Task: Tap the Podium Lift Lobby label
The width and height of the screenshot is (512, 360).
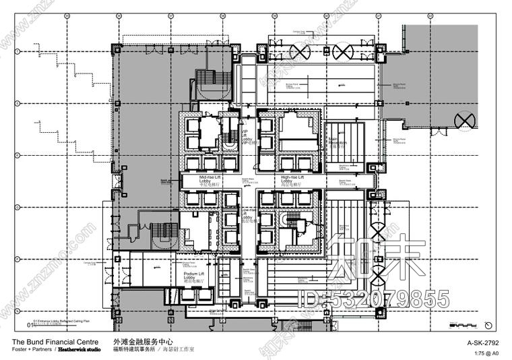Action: (x=195, y=276)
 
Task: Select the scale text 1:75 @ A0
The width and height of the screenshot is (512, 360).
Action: (x=487, y=352)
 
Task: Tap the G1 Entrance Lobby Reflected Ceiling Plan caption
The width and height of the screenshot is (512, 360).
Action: (x=64, y=323)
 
